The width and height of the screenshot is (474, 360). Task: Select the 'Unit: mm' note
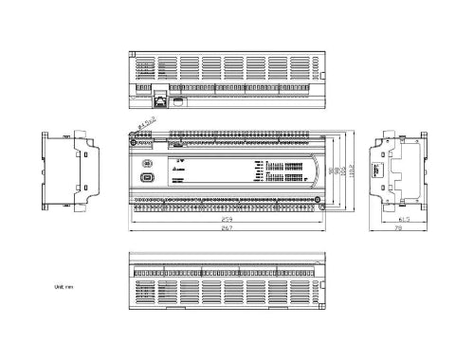tap(64, 285)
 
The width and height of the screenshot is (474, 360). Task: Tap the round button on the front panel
tap(147, 163)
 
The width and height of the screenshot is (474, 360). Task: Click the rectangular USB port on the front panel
tap(147, 177)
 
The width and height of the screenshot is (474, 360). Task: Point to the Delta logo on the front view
tap(180, 166)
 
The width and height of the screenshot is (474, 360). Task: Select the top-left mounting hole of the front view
tap(135, 135)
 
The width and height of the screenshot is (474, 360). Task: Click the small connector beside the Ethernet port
tap(175, 99)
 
